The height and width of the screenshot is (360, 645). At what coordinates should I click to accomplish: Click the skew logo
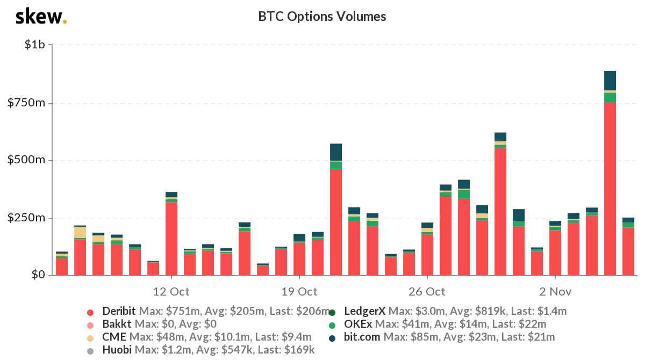(41, 17)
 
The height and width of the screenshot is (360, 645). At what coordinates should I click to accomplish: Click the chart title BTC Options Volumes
(322, 17)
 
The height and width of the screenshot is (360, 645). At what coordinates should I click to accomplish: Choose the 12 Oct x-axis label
(171, 292)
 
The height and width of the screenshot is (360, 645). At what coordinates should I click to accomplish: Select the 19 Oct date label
(299, 292)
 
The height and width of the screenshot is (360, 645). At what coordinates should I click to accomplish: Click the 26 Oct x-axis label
(427, 292)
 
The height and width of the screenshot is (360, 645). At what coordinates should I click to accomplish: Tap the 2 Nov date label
(555, 292)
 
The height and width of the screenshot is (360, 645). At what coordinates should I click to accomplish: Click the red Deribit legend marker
(90, 312)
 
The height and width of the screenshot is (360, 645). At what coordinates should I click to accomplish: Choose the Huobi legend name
(114, 350)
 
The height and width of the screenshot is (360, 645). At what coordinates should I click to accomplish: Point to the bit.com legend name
(362, 337)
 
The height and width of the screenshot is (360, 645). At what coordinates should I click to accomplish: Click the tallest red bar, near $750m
(610, 188)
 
